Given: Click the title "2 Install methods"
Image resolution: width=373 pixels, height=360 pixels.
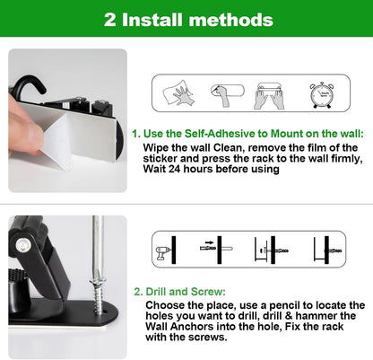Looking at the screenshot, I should click(x=186, y=19).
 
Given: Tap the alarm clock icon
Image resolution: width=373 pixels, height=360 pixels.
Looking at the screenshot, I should click(x=325, y=94).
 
